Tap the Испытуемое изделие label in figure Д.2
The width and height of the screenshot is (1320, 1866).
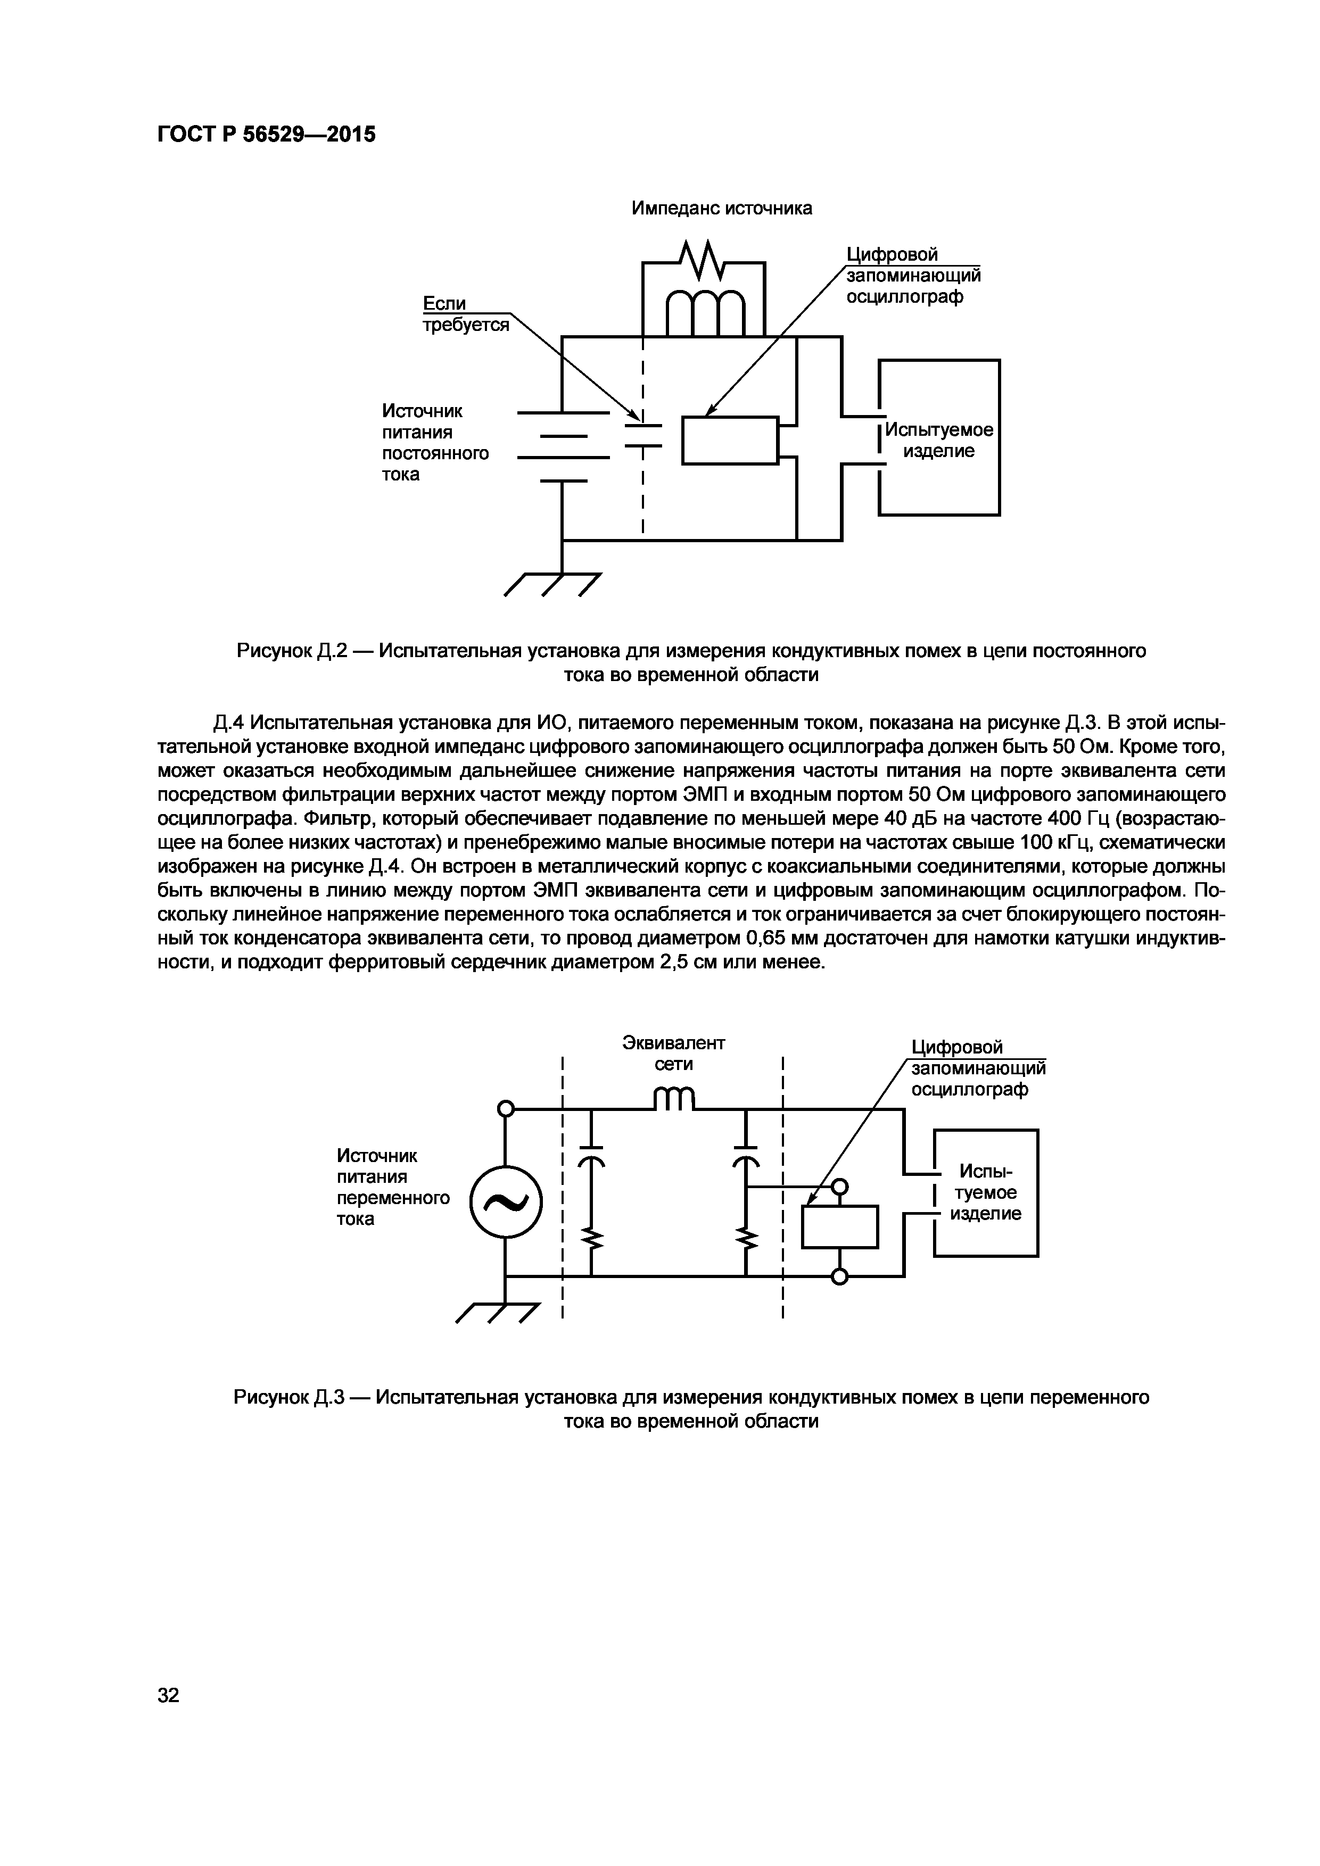point(939,439)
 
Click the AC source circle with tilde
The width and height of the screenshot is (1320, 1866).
point(506,1202)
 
